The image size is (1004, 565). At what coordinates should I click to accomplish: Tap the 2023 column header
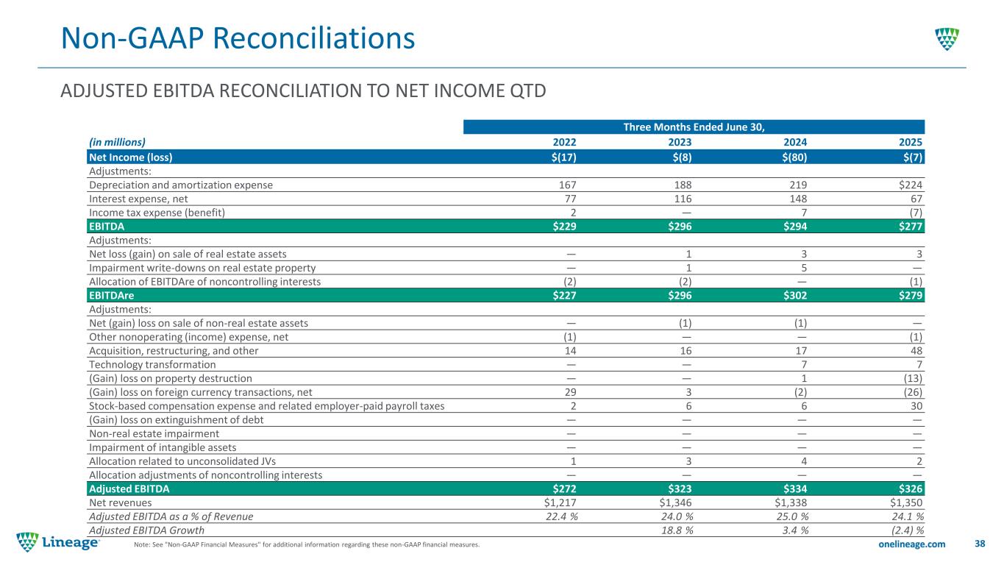(679, 142)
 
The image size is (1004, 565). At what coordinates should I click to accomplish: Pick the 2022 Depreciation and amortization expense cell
(564, 185)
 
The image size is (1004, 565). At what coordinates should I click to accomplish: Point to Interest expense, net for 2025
(915, 199)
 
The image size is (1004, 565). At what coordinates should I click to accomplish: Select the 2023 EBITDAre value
(677, 296)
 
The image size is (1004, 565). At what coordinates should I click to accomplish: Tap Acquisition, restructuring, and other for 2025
(915, 351)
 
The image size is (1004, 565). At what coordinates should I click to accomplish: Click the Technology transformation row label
(152, 365)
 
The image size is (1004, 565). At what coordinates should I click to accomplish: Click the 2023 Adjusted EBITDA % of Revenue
(671, 516)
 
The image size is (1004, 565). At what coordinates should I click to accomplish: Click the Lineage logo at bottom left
(58, 543)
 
